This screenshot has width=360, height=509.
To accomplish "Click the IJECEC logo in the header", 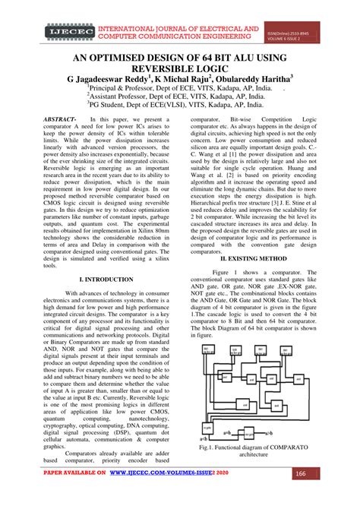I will tap(66, 32).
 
